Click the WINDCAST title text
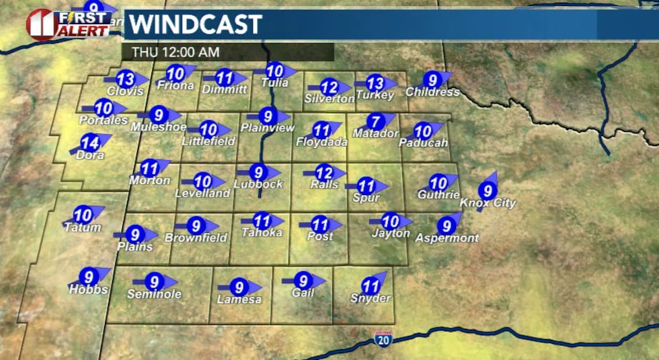point(195,25)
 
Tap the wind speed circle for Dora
point(89,143)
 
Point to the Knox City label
point(488,203)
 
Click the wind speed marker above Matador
point(375,122)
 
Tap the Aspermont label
point(447,238)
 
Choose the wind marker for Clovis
point(125,79)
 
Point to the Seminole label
point(155,294)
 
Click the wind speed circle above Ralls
point(325,172)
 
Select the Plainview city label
point(268,128)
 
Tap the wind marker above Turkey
point(375,83)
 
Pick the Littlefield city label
point(208,141)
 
